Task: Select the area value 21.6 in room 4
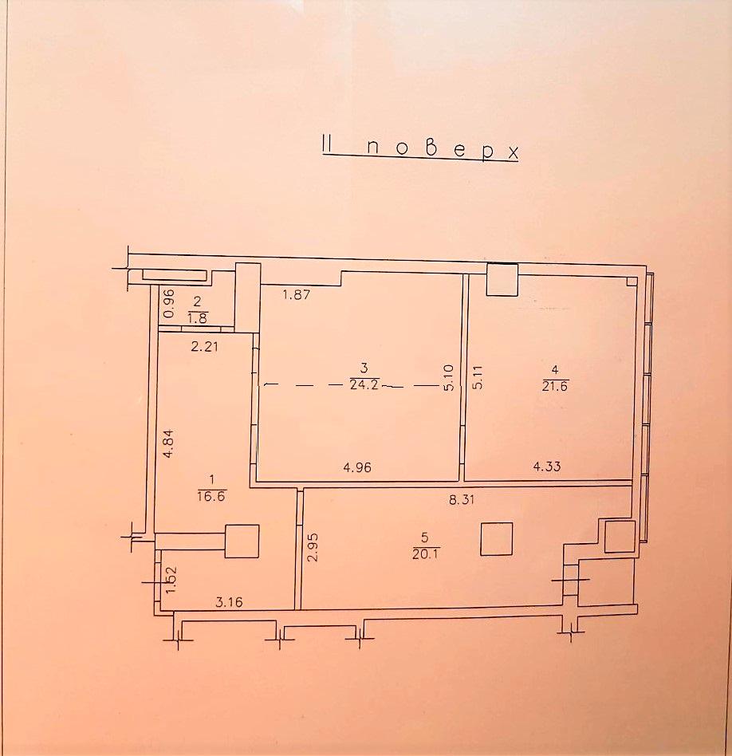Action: pyautogui.click(x=555, y=386)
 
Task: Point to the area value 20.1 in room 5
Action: pyautogui.click(x=424, y=554)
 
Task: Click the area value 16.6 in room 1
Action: pyautogui.click(x=211, y=496)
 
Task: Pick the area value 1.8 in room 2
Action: pyautogui.click(x=197, y=318)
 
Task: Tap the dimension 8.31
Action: pyautogui.click(x=462, y=499)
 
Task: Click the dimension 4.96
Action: pyautogui.click(x=357, y=467)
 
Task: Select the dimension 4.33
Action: pyautogui.click(x=547, y=467)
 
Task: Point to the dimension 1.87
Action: pyautogui.click(x=296, y=294)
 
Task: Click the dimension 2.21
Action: pyautogui.click(x=205, y=346)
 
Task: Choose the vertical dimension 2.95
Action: pyautogui.click(x=313, y=547)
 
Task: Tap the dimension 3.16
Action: pyautogui.click(x=229, y=602)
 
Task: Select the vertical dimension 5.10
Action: pyautogui.click(x=448, y=377)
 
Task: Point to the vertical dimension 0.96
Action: pyautogui.click(x=168, y=303)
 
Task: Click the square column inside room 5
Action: pyautogui.click(x=496, y=538)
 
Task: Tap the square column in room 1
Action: pyautogui.click(x=242, y=541)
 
